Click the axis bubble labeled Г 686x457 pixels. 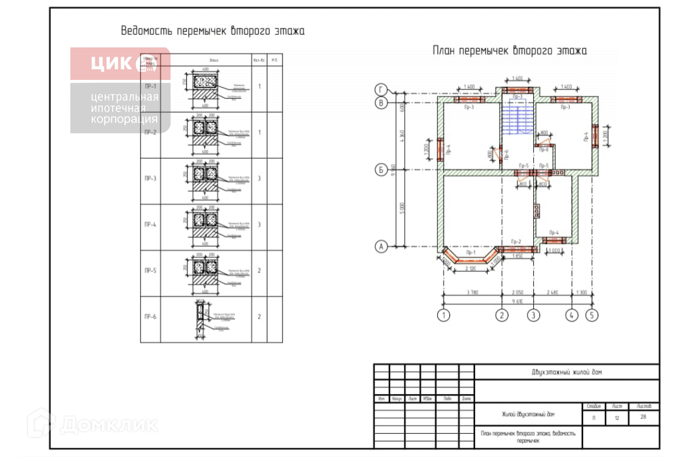(380, 89)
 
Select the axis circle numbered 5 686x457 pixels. (593, 315)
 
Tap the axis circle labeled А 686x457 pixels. (380, 247)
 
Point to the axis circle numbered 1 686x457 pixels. (443, 315)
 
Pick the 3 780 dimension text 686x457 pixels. (472, 293)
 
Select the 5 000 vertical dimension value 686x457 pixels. (402, 209)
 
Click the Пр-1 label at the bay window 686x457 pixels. (471, 252)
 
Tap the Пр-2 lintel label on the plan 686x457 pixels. (516, 242)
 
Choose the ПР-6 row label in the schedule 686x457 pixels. (150, 317)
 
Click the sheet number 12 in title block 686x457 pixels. (616, 418)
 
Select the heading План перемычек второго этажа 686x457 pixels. (509, 51)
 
